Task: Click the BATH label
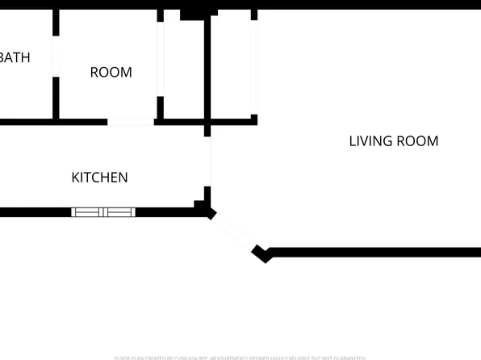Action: [x=15, y=57]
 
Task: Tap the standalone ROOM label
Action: [x=111, y=73]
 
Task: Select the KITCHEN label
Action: [x=100, y=178]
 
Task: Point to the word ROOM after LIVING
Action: [x=421, y=141]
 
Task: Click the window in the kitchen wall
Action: [x=103, y=212]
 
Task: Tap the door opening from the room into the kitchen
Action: [x=130, y=122]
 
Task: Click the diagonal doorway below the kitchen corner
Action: [x=235, y=232]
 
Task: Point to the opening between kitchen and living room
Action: [x=209, y=161]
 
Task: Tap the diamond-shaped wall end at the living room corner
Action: [x=261, y=253]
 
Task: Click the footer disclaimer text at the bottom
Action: [x=240, y=357]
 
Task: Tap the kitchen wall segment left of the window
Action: [x=36, y=212]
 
